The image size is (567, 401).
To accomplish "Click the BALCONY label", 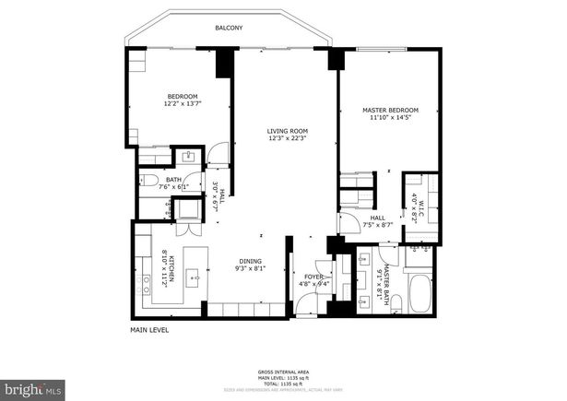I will pos(229,29).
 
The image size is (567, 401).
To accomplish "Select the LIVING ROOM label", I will pos(287,131).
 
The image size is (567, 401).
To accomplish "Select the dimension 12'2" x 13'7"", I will pos(183,104).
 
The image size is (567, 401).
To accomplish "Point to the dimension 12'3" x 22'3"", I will pos(287,140).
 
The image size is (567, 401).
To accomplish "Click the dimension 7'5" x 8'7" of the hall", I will pos(377,224).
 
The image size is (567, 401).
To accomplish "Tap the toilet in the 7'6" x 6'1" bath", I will pos(150,181).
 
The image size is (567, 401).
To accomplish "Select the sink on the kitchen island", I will pos(195,275).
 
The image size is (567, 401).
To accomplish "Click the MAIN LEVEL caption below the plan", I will pos(149,329).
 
